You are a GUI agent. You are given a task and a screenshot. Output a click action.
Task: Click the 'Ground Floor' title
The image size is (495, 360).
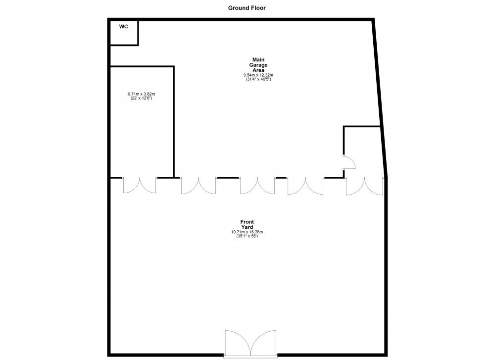click(247, 7)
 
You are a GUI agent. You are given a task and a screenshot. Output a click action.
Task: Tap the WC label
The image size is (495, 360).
click(123, 27)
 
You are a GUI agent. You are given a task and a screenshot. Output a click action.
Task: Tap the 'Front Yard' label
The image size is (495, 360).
click(247, 224)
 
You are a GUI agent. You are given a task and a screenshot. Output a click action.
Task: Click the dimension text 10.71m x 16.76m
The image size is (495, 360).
click(247, 232)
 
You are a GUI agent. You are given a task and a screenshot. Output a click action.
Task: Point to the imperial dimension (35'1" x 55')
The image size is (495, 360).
click(247, 236)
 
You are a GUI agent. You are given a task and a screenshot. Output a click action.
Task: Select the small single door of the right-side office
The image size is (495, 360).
click(348, 162)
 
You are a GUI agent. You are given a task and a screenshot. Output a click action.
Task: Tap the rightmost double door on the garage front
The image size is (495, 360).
click(364, 186)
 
